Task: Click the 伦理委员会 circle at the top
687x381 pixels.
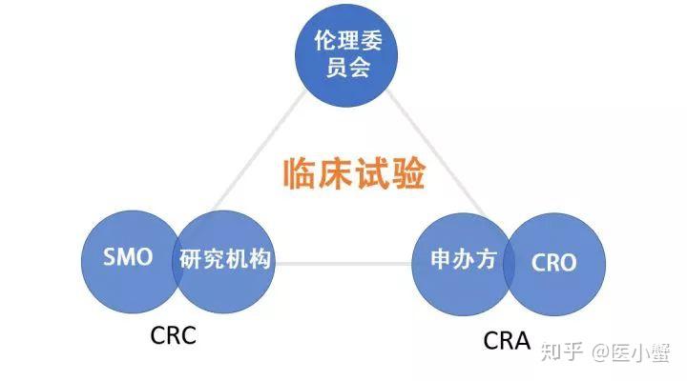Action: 346,55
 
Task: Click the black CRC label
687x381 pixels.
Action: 173,335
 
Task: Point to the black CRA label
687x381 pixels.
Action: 507,340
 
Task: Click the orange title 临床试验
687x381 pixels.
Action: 354,173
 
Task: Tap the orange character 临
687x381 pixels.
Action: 301,173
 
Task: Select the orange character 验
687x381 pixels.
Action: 408,173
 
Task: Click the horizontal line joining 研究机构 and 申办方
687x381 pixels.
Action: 343,264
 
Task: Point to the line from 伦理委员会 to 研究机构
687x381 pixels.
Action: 259,150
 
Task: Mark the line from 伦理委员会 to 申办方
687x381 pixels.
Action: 436,153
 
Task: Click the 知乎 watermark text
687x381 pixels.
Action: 562,351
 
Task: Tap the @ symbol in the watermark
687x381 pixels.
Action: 600,351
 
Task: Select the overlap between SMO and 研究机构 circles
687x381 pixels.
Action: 177,262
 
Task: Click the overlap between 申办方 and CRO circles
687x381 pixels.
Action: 509,264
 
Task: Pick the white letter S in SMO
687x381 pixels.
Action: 109,257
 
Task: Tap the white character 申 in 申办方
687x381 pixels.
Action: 441,259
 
